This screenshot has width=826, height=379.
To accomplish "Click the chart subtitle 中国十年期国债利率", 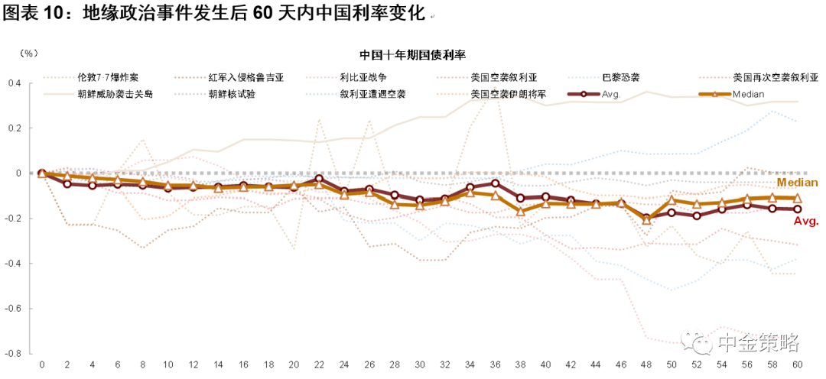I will (x=413, y=55).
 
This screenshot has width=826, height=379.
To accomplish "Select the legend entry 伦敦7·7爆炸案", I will (x=107, y=77).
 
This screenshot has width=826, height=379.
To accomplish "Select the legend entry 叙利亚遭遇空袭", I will (x=373, y=94).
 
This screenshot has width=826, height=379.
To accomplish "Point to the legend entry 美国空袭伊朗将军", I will (x=509, y=94).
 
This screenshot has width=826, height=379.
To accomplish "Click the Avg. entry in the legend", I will (x=610, y=94).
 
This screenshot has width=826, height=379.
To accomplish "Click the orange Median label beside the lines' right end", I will (x=798, y=183).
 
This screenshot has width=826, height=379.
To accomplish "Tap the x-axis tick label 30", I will (x=419, y=364).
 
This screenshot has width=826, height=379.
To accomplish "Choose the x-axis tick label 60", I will (x=798, y=364).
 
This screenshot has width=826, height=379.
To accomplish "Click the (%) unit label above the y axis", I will (x=28, y=53).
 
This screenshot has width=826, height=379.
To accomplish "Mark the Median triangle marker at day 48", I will (x=646, y=220).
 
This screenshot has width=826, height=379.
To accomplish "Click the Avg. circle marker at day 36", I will (x=495, y=183).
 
